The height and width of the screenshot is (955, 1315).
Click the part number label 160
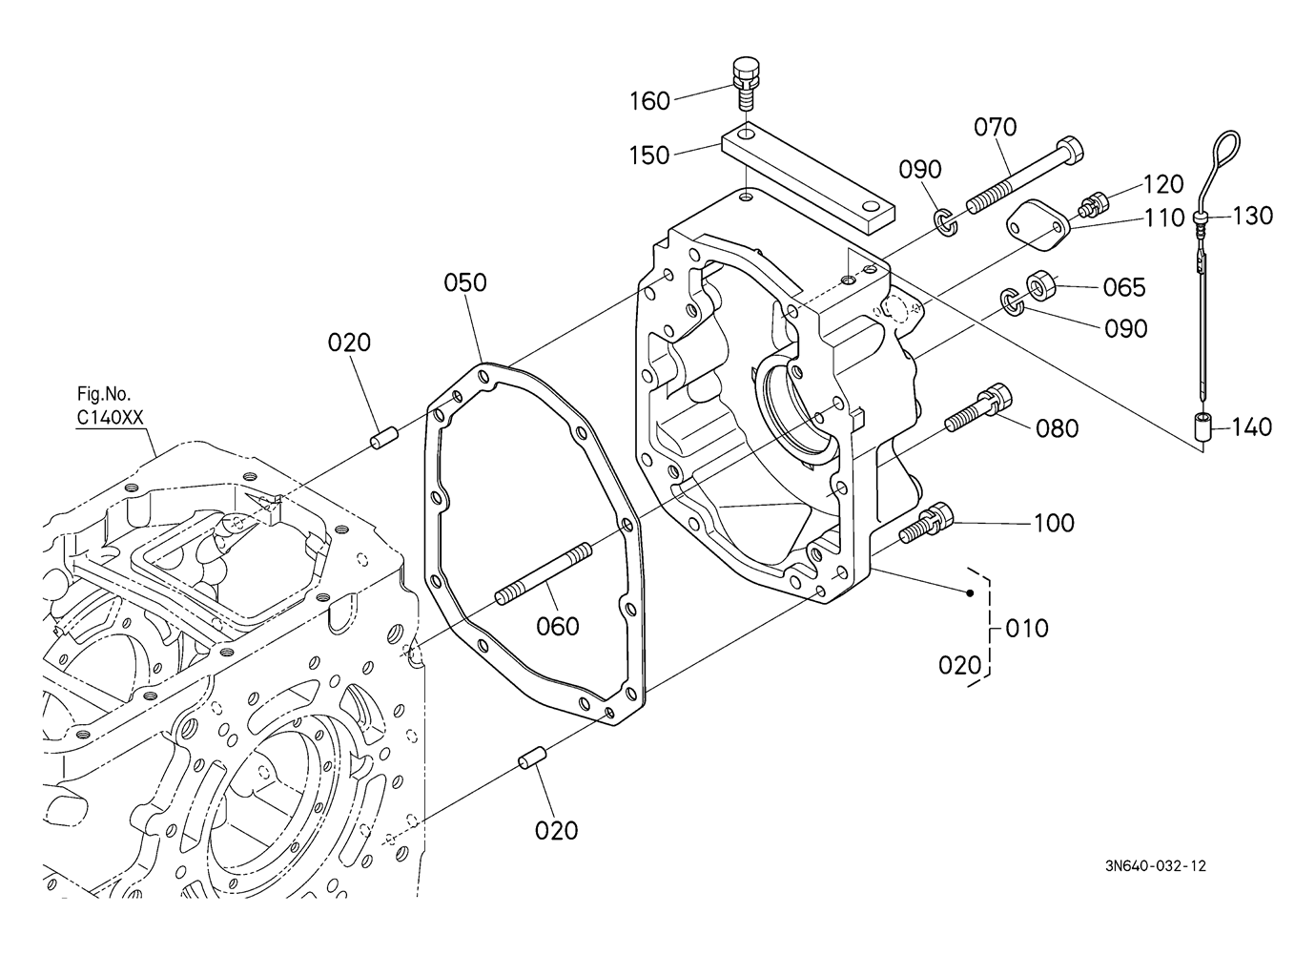649,101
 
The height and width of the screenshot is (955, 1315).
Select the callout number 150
649,156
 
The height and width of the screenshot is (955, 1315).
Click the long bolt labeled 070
1024,175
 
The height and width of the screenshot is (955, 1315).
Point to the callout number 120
1163,184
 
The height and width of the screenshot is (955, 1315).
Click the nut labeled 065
1040,284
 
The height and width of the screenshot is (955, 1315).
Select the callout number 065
1124,288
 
